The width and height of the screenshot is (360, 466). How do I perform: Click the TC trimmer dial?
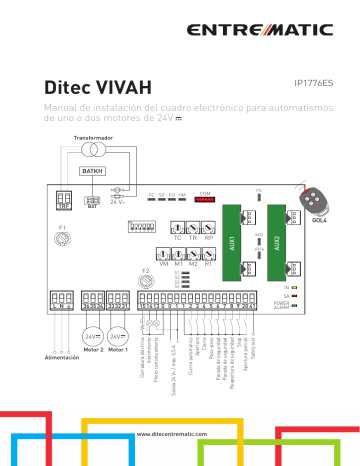coord(177,228)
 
